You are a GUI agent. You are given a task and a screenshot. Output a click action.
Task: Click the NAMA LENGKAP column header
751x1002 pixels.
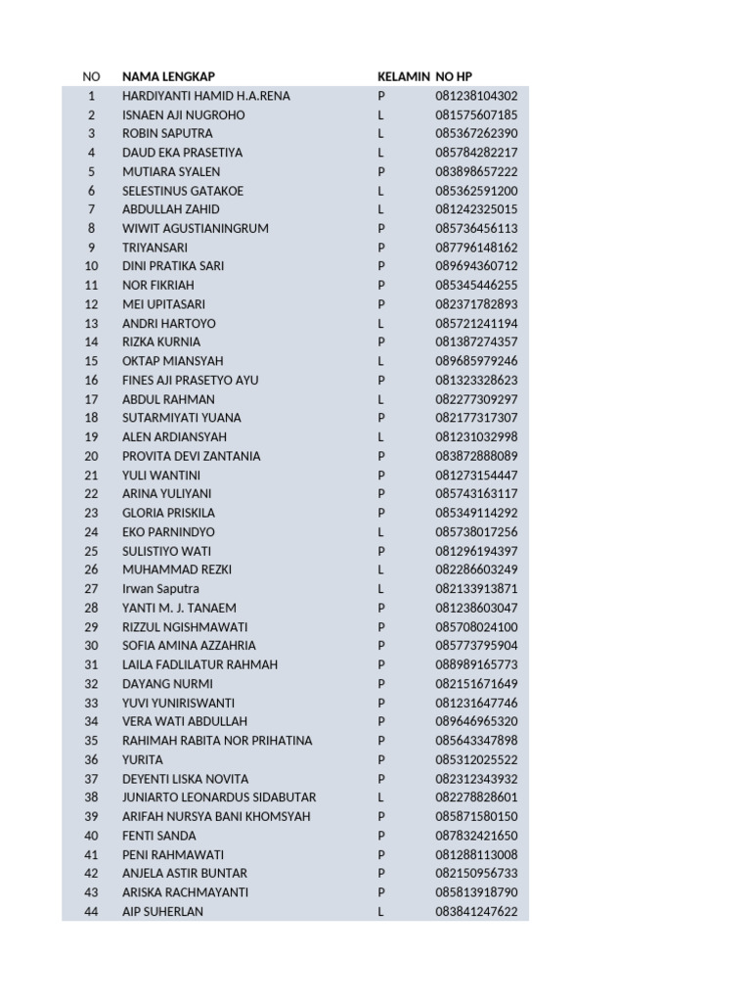168,76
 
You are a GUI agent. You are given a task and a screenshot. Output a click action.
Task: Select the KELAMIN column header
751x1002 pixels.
404,76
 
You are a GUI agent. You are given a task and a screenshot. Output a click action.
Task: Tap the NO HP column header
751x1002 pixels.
454,76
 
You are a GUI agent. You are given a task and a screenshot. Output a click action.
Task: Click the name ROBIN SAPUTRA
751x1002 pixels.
167,133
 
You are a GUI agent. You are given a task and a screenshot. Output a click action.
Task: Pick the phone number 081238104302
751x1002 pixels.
476,96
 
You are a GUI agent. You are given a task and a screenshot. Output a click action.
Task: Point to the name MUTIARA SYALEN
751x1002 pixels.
171,171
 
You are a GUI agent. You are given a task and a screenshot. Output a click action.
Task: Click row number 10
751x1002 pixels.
91,266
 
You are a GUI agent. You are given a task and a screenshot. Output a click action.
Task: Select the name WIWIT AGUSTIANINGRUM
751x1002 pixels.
195,228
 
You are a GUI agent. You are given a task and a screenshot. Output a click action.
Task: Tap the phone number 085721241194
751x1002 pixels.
476,323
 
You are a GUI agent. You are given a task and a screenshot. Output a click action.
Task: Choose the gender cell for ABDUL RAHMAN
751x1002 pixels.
381,399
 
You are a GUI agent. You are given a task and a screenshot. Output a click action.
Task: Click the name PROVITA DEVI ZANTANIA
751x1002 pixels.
191,456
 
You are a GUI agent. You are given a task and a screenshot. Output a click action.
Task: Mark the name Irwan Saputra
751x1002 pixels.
160,589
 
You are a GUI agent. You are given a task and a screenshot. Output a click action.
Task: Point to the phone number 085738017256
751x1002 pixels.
476,532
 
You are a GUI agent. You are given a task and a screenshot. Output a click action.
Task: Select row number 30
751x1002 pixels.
91,646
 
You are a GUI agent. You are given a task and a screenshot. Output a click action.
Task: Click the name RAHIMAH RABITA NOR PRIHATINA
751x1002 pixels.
217,741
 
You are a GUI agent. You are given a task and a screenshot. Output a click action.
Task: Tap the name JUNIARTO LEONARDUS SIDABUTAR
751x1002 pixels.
219,797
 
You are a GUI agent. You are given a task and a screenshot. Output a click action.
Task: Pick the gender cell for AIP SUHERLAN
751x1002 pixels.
381,912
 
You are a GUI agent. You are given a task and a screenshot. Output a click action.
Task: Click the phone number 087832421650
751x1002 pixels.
476,836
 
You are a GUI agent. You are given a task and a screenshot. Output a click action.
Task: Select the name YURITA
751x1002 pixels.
143,759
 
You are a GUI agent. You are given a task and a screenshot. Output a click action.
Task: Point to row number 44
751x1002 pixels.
91,912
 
